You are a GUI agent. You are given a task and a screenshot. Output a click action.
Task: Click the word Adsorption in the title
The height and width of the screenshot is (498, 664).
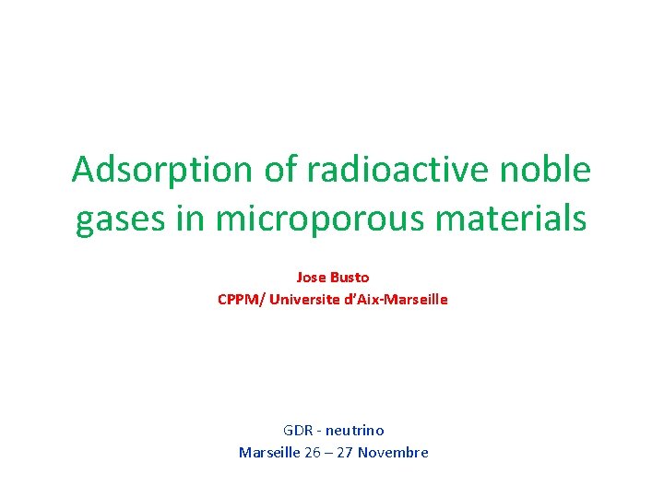(151, 171)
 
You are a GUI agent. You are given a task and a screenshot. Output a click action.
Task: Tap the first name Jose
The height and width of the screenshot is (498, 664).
(311, 277)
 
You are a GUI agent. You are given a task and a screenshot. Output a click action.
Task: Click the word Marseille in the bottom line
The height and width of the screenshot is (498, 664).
(269, 452)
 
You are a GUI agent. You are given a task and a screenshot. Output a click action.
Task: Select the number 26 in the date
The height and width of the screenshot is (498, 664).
(314, 452)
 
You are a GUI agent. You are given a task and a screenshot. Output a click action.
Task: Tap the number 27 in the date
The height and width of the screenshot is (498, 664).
(345, 452)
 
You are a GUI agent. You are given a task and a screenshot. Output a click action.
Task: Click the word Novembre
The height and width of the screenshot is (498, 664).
(394, 452)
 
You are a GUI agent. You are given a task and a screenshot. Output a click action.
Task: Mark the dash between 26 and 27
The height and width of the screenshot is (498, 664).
(329, 452)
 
